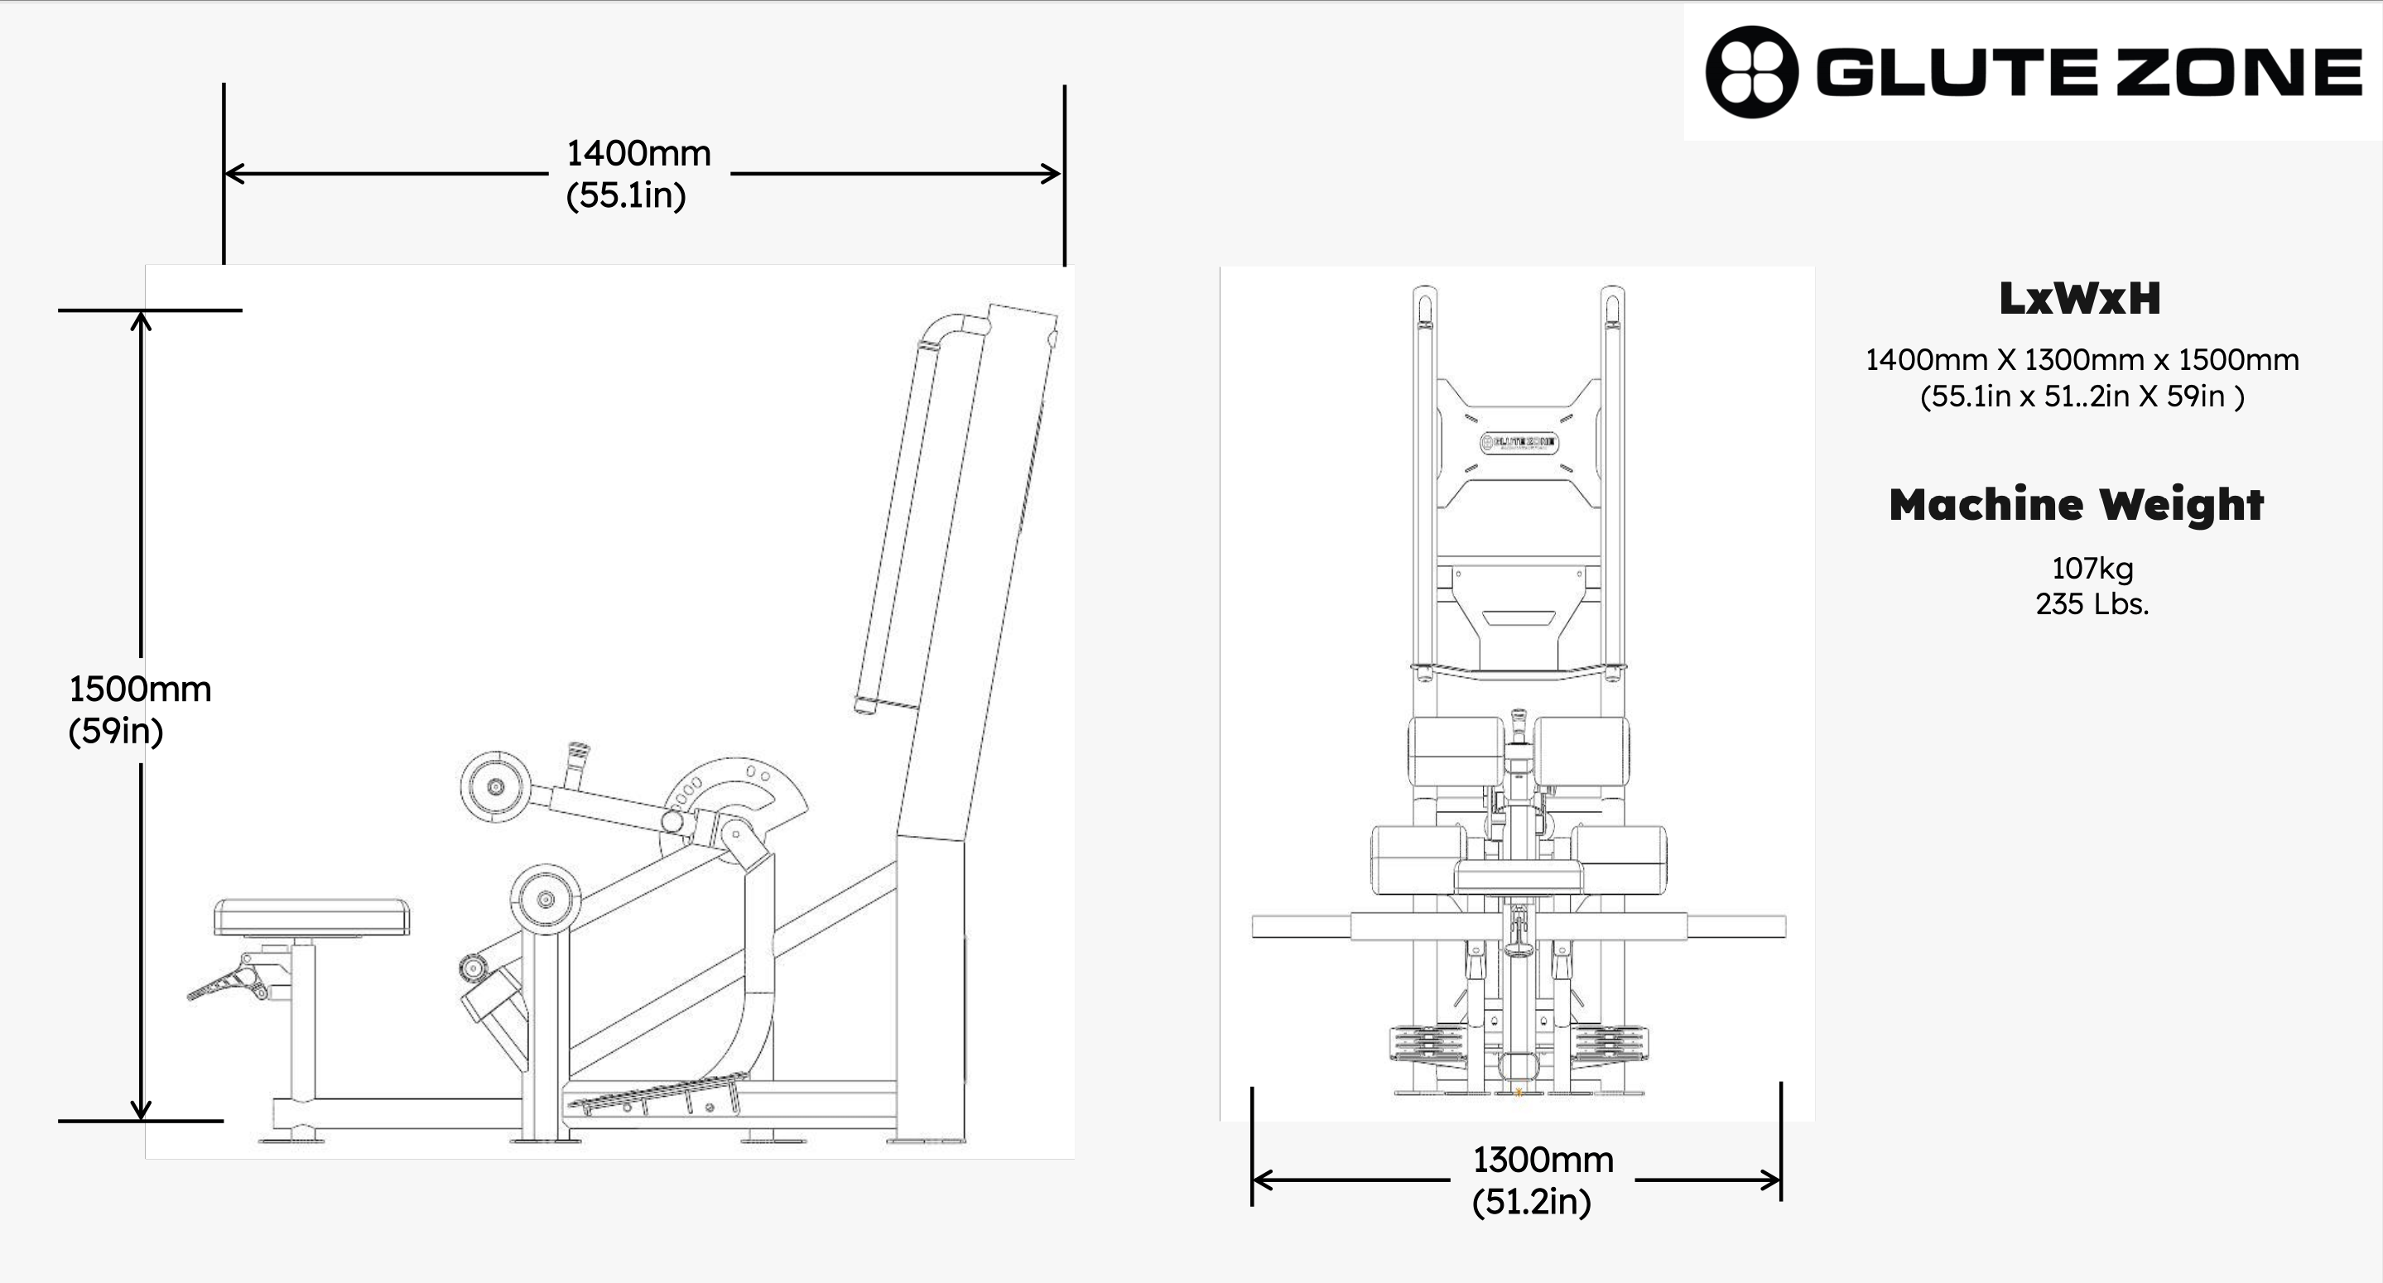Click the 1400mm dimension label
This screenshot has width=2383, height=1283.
coord(638,154)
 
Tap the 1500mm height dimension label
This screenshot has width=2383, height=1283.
coord(140,690)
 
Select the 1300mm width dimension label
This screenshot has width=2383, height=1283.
coord(1543,1160)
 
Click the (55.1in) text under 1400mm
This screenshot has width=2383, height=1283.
coord(626,195)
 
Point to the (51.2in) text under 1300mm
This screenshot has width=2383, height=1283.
coord(1532,1202)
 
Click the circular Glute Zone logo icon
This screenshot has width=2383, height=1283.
coord(1751,71)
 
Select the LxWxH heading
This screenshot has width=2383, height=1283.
coord(2080,299)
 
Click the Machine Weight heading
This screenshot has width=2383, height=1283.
coord(2076,505)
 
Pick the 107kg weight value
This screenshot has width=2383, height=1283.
coord(2092,568)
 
